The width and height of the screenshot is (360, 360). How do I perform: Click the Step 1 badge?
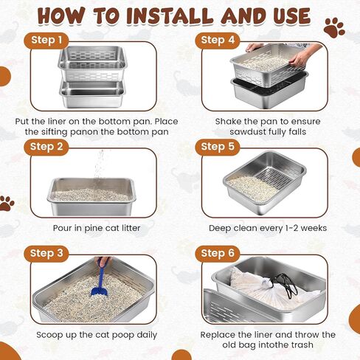(x=46, y=40)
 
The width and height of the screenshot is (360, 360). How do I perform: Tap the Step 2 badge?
(x=46, y=147)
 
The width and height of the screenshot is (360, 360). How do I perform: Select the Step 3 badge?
(x=46, y=254)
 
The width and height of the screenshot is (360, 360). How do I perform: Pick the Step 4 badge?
(x=218, y=40)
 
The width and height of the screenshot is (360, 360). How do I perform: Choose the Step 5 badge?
(x=218, y=147)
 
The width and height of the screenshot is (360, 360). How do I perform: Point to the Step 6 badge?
(x=218, y=254)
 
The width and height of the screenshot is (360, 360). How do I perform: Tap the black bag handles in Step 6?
(x=285, y=285)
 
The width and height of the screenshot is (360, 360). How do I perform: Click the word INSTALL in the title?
(x=170, y=16)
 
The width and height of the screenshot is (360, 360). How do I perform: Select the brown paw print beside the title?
(x=334, y=28)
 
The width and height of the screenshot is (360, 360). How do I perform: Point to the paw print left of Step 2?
(x=7, y=203)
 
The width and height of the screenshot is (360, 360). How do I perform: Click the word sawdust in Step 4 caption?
(x=247, y=132)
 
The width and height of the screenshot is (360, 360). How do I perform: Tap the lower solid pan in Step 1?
(x=92, y=94)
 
